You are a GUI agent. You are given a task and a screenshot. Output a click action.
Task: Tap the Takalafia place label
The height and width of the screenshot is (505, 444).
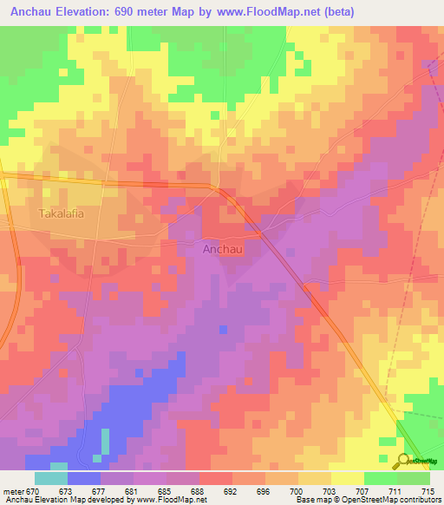(61, 213)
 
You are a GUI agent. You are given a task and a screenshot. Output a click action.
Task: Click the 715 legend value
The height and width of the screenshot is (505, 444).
(427, 491)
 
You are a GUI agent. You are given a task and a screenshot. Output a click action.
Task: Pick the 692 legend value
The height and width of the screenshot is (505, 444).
(229, 491)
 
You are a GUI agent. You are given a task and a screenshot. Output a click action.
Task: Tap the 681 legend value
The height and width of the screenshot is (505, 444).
(131, 491)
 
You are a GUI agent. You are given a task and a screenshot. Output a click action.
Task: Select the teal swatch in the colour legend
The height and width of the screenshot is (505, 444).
(51, 478)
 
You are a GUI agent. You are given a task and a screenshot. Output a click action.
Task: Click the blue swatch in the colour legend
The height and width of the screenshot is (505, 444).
(84, 478)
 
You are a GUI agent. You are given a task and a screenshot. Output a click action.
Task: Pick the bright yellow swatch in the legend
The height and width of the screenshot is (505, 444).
(347, 478)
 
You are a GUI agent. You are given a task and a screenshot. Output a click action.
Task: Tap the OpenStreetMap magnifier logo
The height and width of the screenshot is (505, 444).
(402, 460)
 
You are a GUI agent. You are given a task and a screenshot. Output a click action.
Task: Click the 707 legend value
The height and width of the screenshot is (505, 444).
(361, 491)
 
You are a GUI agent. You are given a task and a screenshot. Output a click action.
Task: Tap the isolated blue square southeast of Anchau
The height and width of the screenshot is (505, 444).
(224, 329)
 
